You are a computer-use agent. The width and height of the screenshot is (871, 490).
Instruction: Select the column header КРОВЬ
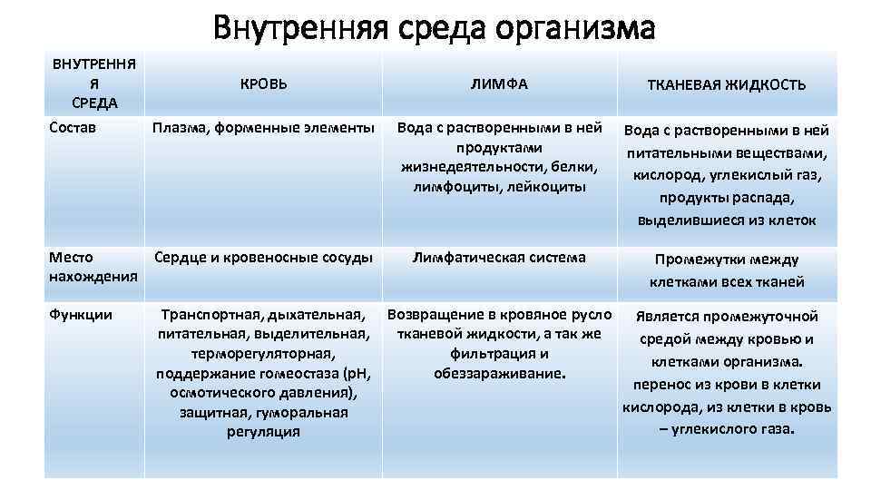coord(263,83)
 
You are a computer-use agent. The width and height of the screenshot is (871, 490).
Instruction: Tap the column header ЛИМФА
coord(499,83)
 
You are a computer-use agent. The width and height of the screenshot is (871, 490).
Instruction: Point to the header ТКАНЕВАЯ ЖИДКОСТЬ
coord(726,84)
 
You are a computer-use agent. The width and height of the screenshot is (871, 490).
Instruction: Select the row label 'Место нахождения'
coord(92,266)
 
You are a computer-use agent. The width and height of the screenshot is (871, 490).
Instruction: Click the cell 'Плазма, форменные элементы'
coord(263,130)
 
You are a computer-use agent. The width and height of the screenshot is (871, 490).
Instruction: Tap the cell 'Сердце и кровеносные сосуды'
coord(263,257)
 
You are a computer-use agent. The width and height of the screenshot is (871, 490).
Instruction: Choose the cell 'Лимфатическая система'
coord(499,257)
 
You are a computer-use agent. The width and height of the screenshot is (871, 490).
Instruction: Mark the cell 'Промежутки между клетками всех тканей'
coord(726,270)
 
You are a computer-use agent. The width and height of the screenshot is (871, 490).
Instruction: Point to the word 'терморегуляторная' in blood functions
coord(263,354)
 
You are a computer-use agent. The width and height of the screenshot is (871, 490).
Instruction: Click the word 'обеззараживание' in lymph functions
coord(498,373)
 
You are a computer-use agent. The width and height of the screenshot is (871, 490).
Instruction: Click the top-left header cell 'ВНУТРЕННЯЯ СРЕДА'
coord(94,83)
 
